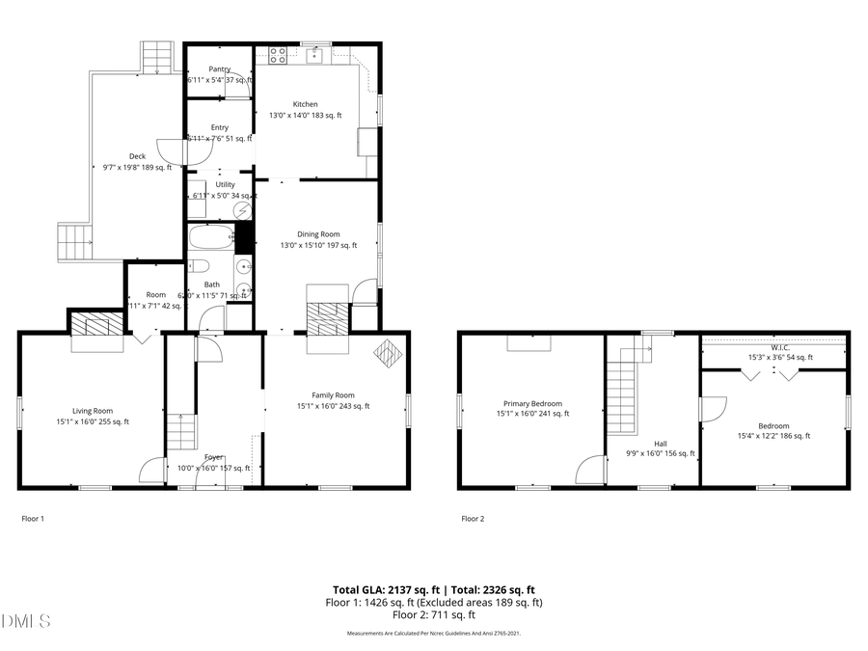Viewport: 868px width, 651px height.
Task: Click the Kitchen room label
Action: (x=305, y=104)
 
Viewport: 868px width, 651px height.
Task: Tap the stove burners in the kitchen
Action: (x=277, y=55)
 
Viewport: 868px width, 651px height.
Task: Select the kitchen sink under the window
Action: (x=315, y=55)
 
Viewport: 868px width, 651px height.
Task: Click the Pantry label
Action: (x=219, y=69)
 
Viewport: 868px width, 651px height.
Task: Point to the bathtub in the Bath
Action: (x=210, y=237)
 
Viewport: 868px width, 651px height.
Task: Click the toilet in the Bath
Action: (x=198, y=265)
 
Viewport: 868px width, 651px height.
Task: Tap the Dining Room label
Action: (x=317, y=234)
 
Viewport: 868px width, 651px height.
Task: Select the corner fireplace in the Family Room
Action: (x=388, y=354)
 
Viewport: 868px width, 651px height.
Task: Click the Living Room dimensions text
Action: (x=93, y=421)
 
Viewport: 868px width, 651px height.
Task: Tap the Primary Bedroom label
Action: (x=531, y=404)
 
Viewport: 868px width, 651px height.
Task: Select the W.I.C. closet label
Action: (x=780, y=347)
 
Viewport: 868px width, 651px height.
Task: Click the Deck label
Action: (x=137, y=156)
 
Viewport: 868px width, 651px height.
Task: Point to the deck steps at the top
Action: (x=155, y=58)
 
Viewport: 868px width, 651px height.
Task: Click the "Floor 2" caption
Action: (x=473, y=519)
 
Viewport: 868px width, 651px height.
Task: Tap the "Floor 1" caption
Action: (x=33, y=519)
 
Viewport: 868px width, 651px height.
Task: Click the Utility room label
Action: (x=225, y=184)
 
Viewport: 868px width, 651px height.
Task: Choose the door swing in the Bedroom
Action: (x=712, y=410)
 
